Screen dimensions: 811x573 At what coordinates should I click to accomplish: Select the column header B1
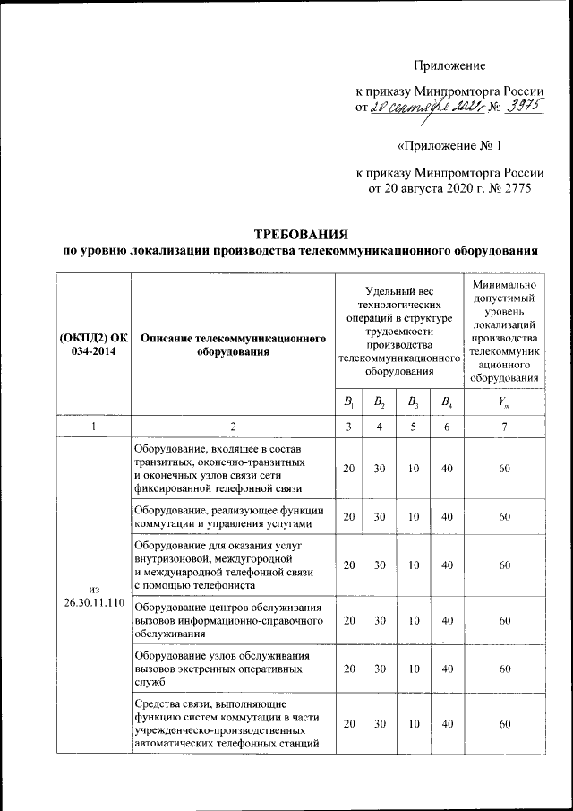[x=349, y=401]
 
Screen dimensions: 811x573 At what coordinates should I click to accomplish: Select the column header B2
[x=380, y=401]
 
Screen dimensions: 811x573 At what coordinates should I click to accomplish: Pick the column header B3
[x=413, y=401]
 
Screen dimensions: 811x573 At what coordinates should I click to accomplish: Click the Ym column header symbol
[x=506, y=401]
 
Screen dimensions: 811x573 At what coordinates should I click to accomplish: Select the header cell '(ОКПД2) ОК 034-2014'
[x=93, y=345]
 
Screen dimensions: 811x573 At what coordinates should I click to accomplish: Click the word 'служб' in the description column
[x=149, y=681]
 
